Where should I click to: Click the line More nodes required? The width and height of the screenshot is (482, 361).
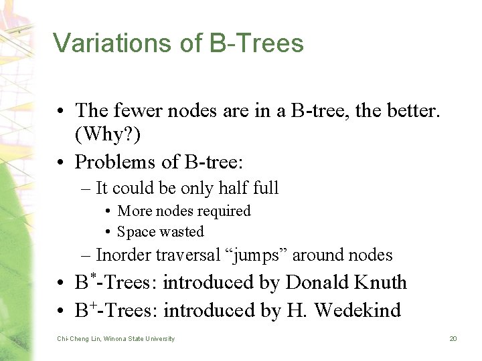coord(183,211)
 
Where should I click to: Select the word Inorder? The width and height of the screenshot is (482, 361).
coord(124,255)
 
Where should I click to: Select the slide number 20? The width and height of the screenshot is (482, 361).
coord(453,339)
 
